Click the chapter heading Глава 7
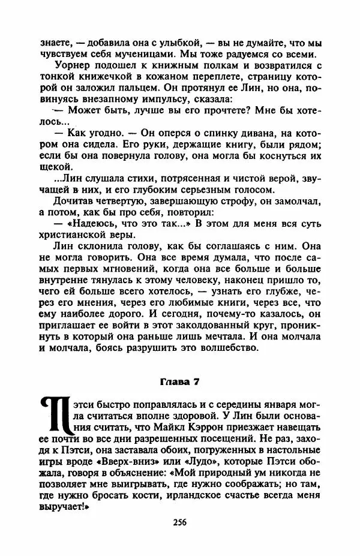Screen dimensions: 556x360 coord(180,380)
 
